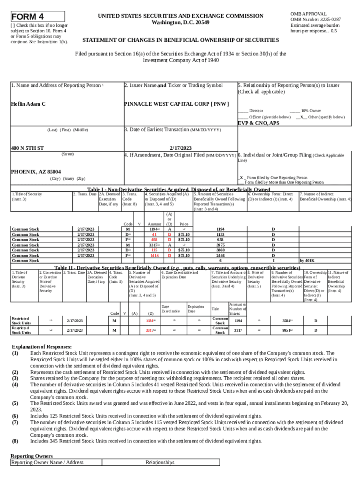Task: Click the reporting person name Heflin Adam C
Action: [x=28, y=104]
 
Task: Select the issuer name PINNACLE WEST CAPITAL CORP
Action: [x=176, y=104]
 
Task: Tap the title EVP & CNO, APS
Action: [x=258, y=123]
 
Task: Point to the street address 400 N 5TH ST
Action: [x=28, y=148]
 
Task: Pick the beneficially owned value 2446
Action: [x=220, y=255]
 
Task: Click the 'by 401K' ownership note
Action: [x=307, y=260]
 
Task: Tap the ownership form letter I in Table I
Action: [x=273, y=260]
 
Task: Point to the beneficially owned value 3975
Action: [x=220, y=245]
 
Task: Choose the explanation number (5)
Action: [x=16, y=403]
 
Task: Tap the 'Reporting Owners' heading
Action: [x=31, y=456]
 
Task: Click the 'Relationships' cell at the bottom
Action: [x=160, y=462]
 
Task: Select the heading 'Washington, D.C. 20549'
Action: [x=181, y=23]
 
